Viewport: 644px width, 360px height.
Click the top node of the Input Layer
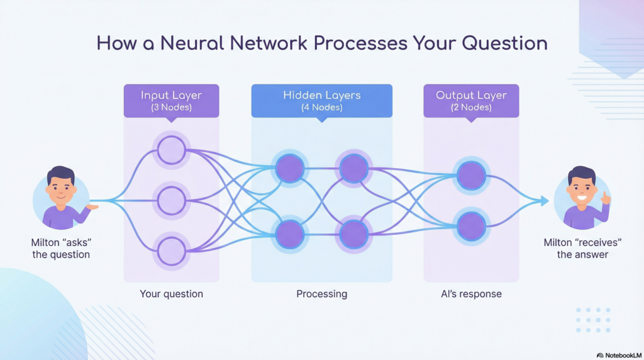[171, 150]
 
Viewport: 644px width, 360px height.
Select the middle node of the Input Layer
[171, 200]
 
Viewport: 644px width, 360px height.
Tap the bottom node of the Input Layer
[171, 250]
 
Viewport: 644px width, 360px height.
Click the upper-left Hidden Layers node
[290, 168]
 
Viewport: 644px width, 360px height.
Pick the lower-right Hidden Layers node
[354, 234]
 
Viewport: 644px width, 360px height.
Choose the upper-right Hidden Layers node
[354, 168]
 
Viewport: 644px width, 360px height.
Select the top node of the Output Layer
[471, 176]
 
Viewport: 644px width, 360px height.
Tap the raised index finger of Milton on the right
[604, 195]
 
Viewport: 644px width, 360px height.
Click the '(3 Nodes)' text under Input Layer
[171, 107]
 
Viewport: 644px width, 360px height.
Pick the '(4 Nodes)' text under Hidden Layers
[321, 107]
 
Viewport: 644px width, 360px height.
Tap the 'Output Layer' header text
[470, 95]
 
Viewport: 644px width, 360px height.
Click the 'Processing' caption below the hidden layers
[321, 294]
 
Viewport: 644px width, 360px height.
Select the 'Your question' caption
[171, 294]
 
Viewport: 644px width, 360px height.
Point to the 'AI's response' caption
[471, 294]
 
